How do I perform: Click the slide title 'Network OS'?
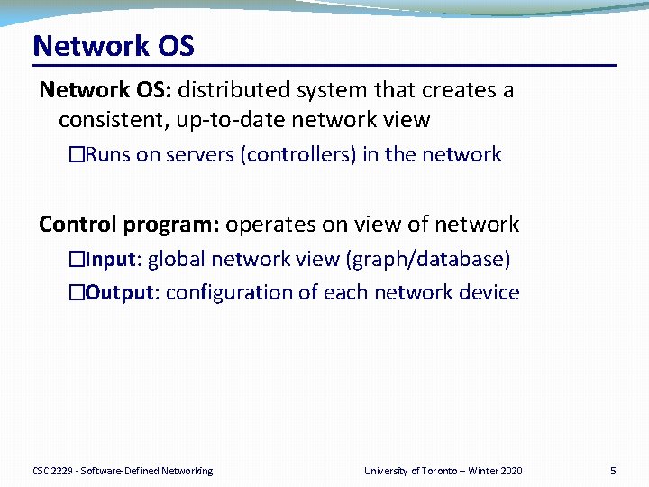coord(114,46)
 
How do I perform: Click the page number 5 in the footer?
coord(613,471)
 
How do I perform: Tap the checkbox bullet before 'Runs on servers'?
coord(77,154)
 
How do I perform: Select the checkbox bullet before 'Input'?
coord(77,259)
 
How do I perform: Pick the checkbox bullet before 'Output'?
coord(77,292)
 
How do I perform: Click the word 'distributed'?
coord(233,89)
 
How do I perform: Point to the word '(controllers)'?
coord(298,155)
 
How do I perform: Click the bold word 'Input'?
coord(111,260)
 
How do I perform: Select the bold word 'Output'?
coord(120,293)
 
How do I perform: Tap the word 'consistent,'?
coord(114,121)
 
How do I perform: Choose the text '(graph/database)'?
coord(428,260)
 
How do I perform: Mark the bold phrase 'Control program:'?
coord(129,225)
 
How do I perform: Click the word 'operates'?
coord(270,225)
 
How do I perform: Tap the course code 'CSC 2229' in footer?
coord(52,471)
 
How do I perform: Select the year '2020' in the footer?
coord(512,471)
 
